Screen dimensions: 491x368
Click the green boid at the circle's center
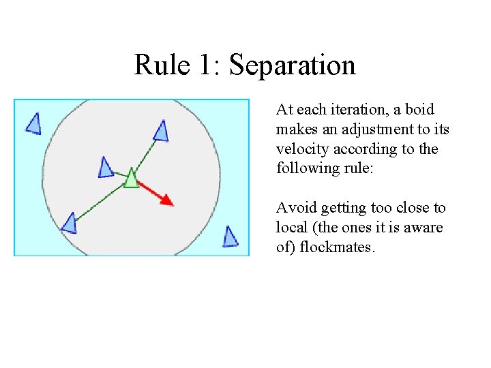pyautogui.click(x=131, y=179)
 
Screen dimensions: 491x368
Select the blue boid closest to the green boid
pyautogui.click(x=106, y=168)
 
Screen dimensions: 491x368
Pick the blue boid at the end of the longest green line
pyautogui.click(x=69, y=223)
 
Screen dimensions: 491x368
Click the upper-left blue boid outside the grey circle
pyautogui.click(x=33, y=123)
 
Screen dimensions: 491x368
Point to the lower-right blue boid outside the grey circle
pyautogui.click(x=230, y=236)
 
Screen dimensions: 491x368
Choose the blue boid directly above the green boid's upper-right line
pyautogui.click(x=161, y=130)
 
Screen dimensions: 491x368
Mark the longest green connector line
pyautogui.click(x=99, y=202)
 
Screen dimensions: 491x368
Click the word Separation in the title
pyautogui.click(x=293, y=65)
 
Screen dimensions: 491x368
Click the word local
pyautogui.click(x=291, y=228)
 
